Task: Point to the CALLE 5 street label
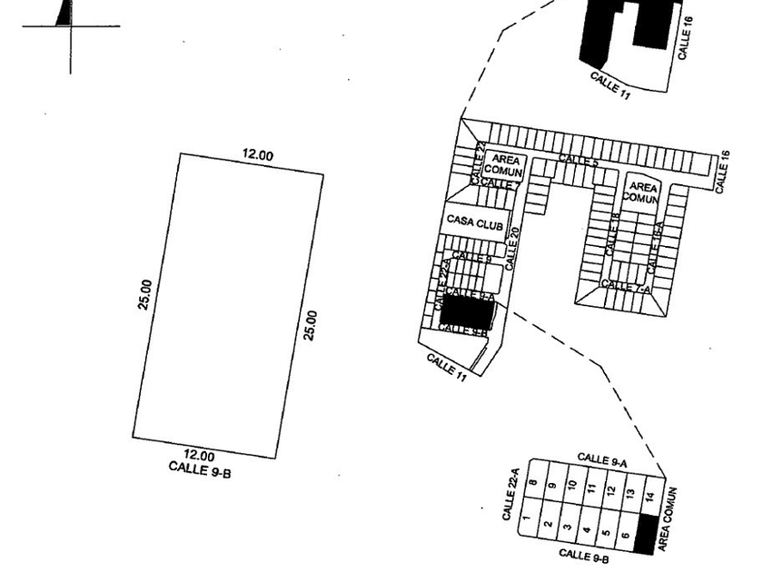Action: [x=579, y=161]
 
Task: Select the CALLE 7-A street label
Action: [x=627, y=287]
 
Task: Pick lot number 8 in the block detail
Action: [x=533, y=484]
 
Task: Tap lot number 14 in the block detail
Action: [x=649, y=497]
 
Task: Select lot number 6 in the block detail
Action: [x=626, y=537]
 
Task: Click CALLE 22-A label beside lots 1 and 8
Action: [x=510, y=494]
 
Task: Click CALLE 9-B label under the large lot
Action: [x=200, y=468]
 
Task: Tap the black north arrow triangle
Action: [x=64, y=13]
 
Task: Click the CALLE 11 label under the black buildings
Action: [x=610, y=85]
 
